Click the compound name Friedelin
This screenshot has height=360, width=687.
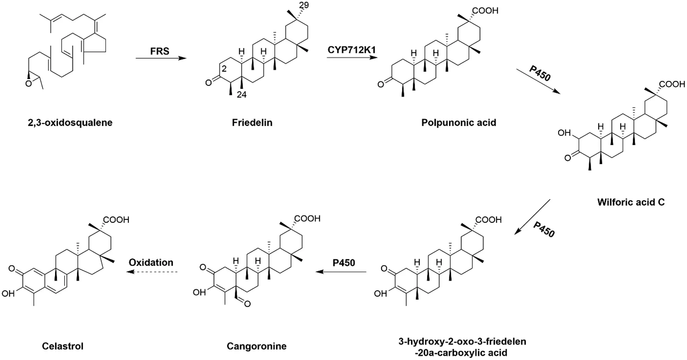click(252, 123)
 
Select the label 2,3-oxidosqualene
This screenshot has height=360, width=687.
click(70, 123)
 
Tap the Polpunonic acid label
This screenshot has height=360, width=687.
click(458, 123)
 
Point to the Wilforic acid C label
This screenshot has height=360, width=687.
click(631, 202)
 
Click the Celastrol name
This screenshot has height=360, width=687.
click(63, 346)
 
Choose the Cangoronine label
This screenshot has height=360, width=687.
click(256, 346)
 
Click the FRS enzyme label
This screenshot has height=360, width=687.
click(160, 51)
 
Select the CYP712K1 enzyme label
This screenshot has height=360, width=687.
click(352, 50)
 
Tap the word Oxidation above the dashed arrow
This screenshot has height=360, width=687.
click(151, 262)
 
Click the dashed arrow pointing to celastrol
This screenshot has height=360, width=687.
click(152, 272)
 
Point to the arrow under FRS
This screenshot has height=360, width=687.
click(161, 58)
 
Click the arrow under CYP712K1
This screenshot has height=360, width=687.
click(352, 57)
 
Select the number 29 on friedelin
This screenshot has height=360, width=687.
click(304, 5)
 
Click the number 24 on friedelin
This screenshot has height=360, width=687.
click(241, 94)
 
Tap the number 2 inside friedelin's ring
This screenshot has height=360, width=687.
click(224, 69)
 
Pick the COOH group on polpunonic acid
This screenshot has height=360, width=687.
click(485, 11)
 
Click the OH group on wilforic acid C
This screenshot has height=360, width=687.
click(564, 133)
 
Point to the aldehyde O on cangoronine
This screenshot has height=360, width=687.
click(247, 304)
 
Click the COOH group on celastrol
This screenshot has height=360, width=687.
click(116, 220)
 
